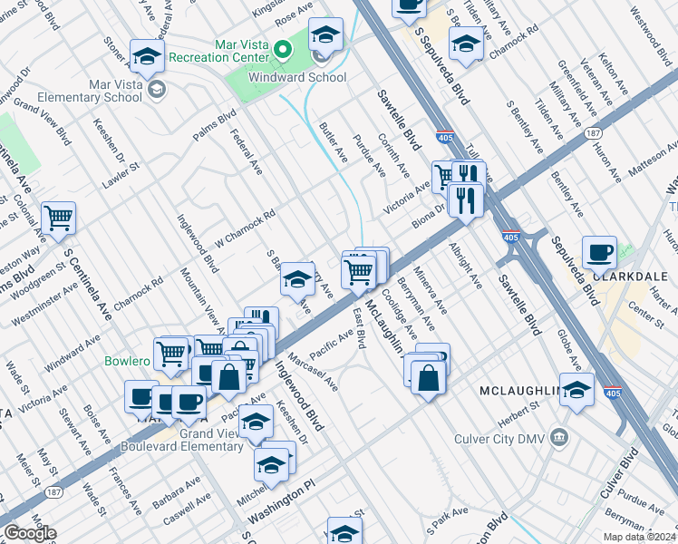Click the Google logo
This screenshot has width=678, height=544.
[29, 533]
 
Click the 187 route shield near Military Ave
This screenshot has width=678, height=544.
[593, 132]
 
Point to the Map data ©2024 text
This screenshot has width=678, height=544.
[638, 537]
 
